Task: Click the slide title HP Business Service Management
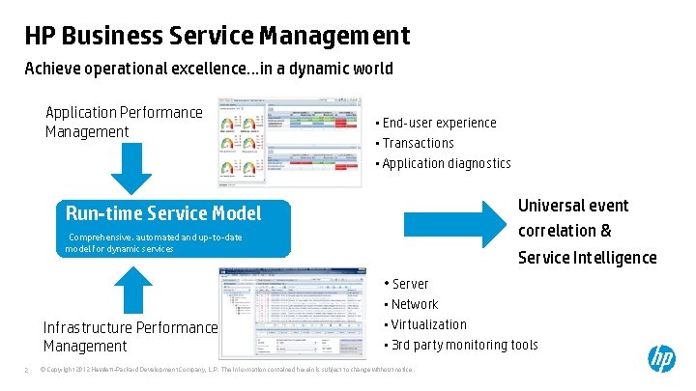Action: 217,37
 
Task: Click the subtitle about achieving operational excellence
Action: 209,69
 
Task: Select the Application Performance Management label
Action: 124,122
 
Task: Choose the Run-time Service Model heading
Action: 162,213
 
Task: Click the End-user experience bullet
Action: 439,123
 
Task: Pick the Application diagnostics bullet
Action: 447,163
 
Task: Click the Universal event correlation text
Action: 572,218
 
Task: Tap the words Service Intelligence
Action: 587,258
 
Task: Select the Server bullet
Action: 410,284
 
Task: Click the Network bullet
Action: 415,304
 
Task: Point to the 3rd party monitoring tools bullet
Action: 464,345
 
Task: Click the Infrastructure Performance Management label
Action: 130,336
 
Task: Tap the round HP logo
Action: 661,359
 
